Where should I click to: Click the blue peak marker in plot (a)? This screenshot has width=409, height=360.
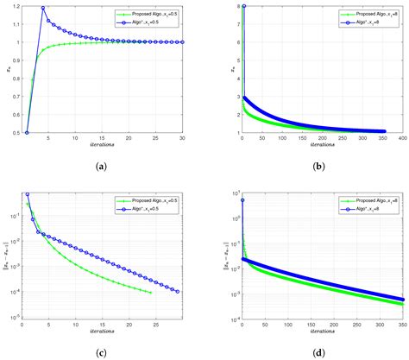pos(42,9)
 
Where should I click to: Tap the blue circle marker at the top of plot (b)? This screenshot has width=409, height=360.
pos(243,7)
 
